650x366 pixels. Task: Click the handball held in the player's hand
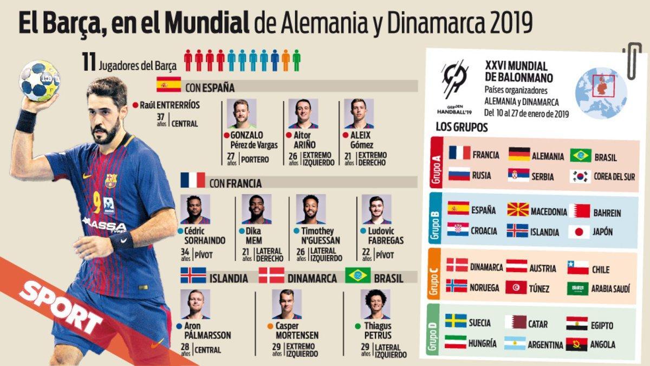click(39, 81)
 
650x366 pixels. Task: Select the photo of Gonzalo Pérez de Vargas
click(242, 113)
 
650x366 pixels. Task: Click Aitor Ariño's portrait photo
click(303, 113)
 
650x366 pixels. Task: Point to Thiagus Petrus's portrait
click(375, 304)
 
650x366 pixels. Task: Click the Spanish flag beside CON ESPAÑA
click(168, 86)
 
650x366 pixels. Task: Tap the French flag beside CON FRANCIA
click(193, 181)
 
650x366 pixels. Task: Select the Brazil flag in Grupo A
click(580, 156)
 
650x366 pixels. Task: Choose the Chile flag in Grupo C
click(577, 268)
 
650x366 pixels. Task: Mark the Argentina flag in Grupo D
click(515, 343)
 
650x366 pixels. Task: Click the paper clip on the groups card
click(632, 60)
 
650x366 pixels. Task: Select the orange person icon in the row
click(285, 60)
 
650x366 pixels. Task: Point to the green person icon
click(296, 60)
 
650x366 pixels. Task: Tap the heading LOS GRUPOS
click(461, 128)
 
